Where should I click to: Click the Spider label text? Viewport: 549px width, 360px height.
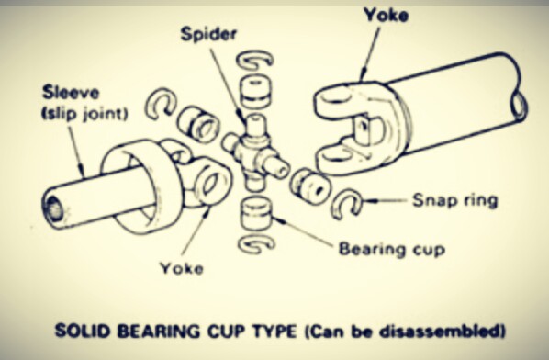pyautogui.click(x=208, y=34)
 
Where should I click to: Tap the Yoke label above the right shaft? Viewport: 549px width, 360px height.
pyautogui.click(x=386, y=15)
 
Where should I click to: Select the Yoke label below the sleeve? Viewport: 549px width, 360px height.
pyautogui.click(x=182, y=268)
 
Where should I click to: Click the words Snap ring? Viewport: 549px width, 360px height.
pyautogui.click(x=454, y=200)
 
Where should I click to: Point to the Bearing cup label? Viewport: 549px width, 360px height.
pyautogui.click(x=392, y=249)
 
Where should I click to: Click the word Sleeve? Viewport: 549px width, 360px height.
pyautogui.click(x=71, y=93)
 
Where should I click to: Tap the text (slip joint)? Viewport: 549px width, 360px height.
pyautogui.click(x=84, y=114)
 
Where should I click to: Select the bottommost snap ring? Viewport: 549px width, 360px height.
pyautogui.click(x=256, y=242)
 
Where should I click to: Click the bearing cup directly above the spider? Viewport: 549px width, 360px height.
pyautogui.click(x=255, y=90)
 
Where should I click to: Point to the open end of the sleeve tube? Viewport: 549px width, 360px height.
pyautogui.click(x=53, y=209)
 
